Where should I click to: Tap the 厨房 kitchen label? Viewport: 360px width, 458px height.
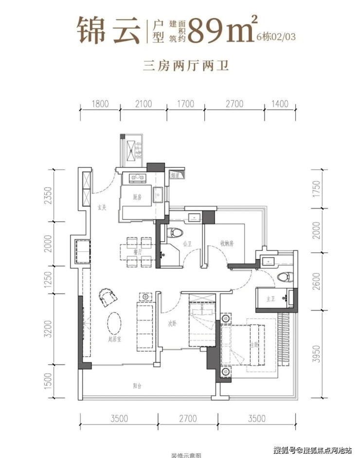(x=137, y=197)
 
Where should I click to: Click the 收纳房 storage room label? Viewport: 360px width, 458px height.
(x=227, y=244)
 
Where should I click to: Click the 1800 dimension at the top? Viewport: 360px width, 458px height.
(x=99, y=104)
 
